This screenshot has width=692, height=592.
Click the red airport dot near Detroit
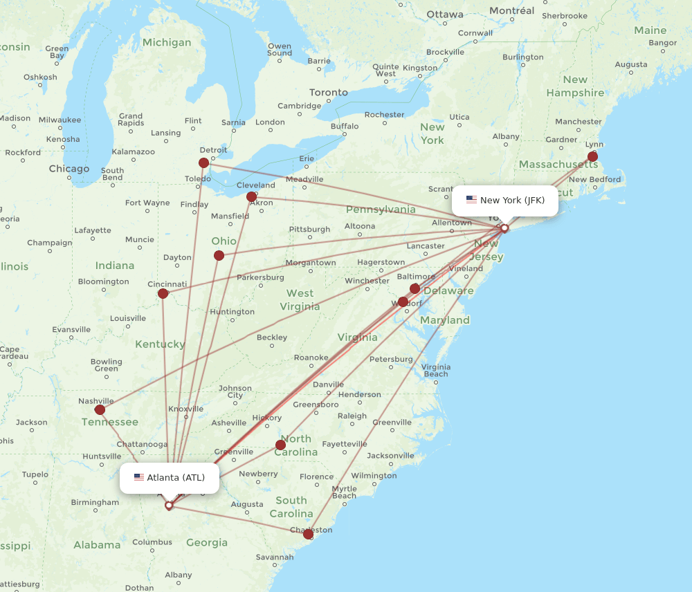(x=203, y=163)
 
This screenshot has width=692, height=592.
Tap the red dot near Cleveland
(x=252, y=197)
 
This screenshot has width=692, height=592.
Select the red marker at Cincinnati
(x=163, y=293)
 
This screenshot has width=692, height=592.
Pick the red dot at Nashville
(x=100, y=409)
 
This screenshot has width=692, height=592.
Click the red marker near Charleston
(x=309, y=534)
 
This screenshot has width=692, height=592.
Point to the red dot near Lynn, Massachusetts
(x=592, y=157)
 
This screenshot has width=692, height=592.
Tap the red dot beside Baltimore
(x=415, y=288)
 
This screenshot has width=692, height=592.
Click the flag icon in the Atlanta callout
(x=139, y=477)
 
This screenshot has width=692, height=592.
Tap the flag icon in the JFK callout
(x=471, y=200)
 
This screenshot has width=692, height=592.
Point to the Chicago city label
(x=69, y=169)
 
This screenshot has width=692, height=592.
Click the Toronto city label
(x=329, y=93)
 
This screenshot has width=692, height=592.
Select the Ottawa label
(x=445, y=15)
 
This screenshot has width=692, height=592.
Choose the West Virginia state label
(x=300, y=299)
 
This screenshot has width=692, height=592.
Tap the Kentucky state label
(x=160, y=344)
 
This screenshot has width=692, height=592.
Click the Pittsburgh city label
(x=309, y=229)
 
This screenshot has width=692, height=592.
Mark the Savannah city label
(x=275, y=557)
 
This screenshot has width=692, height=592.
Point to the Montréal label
(x=512, y=10)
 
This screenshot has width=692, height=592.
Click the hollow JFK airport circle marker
(x=504, y=228)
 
